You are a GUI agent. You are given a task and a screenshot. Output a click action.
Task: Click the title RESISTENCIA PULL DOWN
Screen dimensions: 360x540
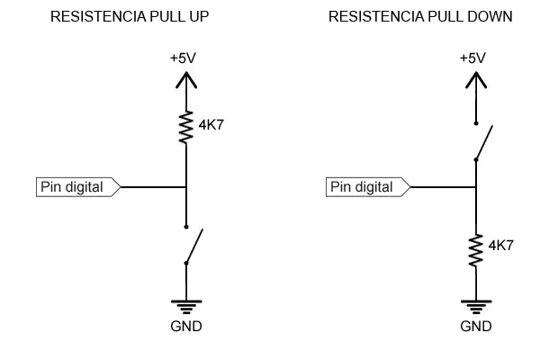(420, 17)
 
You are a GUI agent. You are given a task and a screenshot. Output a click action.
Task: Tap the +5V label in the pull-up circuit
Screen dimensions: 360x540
(183, 58)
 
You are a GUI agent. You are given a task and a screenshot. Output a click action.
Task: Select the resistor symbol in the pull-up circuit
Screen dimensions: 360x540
(185, 127)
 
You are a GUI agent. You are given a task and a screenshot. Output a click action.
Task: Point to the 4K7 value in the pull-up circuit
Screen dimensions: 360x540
(211, 125)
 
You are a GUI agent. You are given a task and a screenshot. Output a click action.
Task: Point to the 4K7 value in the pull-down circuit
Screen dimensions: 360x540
(500, 244)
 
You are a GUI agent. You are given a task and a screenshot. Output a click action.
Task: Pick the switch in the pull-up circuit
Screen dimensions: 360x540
(192, 245)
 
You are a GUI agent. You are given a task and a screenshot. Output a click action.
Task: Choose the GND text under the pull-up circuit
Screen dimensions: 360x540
(185, 326)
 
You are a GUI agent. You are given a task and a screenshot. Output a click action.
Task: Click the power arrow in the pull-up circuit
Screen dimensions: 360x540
(185, 81)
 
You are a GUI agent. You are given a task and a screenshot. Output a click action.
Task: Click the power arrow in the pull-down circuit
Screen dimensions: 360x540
(474, 81)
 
